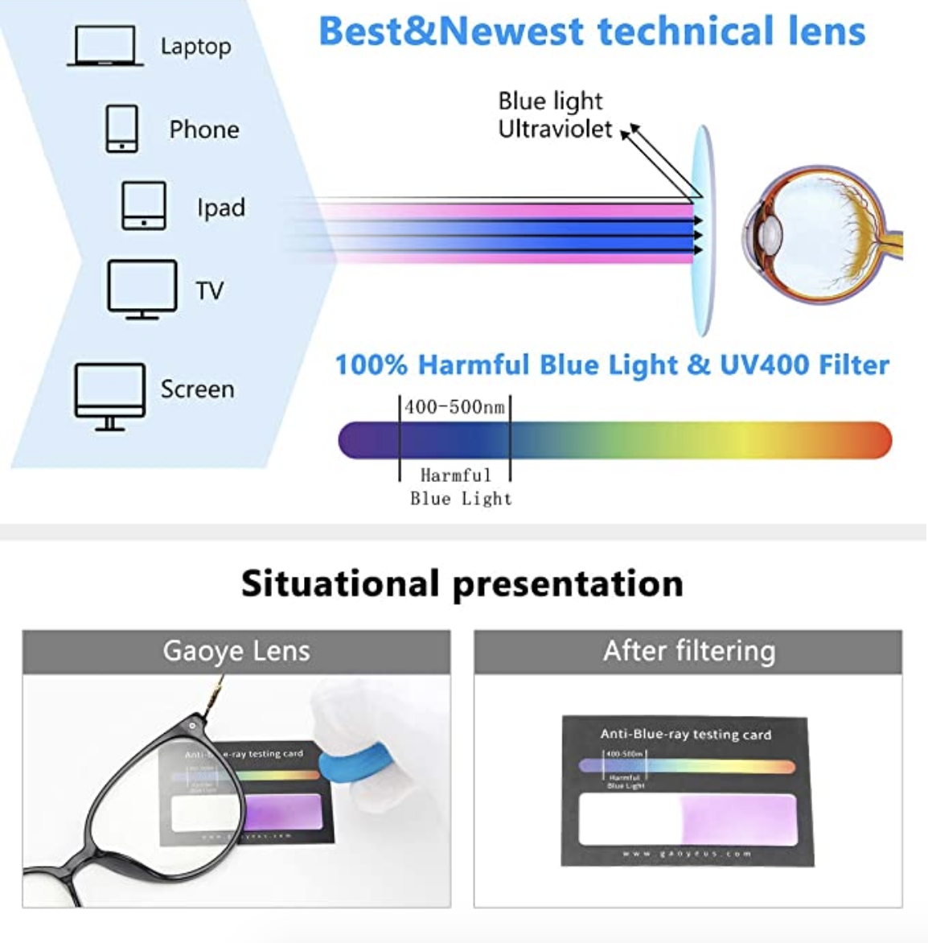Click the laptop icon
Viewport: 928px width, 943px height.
105,45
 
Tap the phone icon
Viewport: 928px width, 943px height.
121,129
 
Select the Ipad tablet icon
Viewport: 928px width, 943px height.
144,206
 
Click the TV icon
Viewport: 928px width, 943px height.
142,289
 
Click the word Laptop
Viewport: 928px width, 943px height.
195,46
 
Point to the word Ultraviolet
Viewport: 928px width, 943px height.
555,130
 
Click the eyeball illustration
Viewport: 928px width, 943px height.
820,233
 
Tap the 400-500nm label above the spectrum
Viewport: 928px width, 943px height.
454,407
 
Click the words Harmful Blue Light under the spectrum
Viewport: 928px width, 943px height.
459,487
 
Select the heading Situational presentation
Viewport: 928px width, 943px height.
462,583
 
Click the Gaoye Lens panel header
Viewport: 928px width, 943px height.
236,651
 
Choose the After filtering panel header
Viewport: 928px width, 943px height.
688,651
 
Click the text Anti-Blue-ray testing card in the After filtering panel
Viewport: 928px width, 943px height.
685,734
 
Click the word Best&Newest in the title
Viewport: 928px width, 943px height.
450,31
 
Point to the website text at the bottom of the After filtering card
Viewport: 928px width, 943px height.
686,854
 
